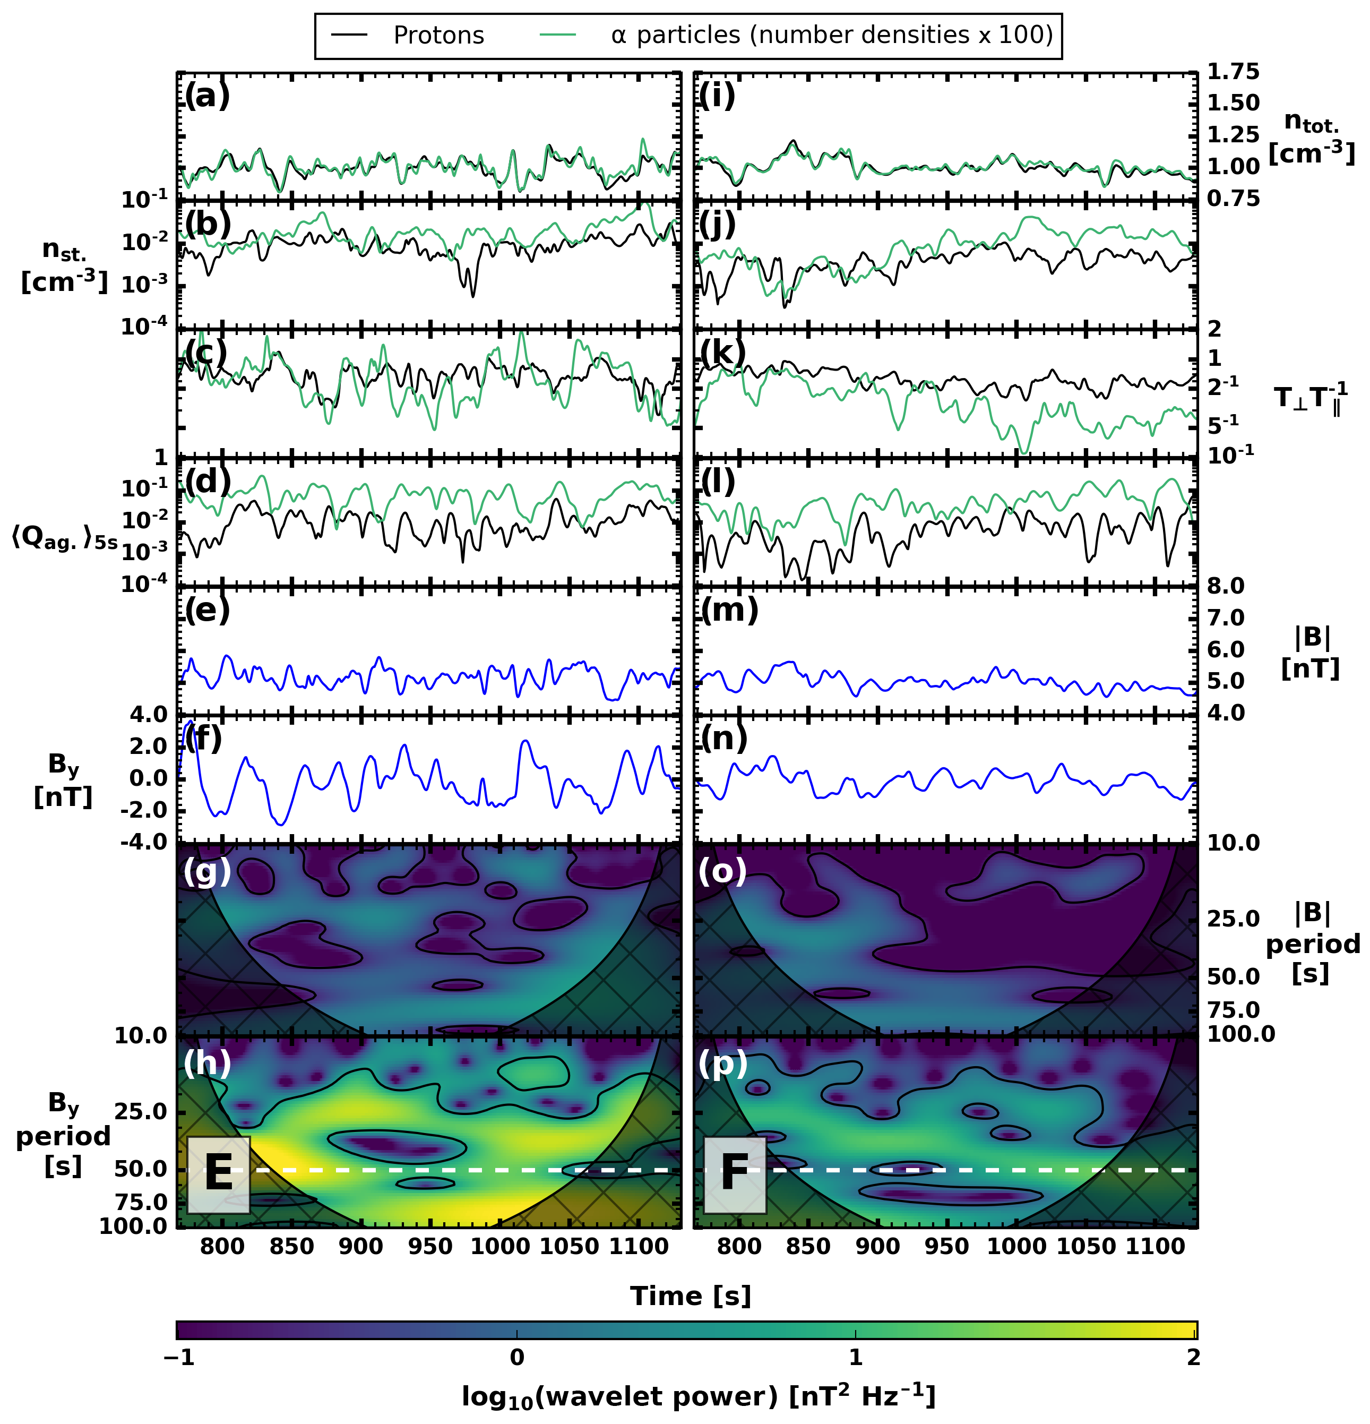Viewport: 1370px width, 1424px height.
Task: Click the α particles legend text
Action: tap(832, 35)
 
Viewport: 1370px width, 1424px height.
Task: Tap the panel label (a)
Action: tap(207, 95)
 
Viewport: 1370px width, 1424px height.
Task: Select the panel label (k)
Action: tap(723, 353)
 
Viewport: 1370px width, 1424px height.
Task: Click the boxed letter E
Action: tap(219, 1173)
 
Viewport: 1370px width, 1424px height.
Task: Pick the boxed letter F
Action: tap(735, 1173)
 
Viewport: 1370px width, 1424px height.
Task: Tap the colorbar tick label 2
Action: tap(1193, 1357)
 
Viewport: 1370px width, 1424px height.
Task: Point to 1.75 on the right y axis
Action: tap(1233, 72)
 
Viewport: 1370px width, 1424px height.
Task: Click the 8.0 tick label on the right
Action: tap(1226, 586)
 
